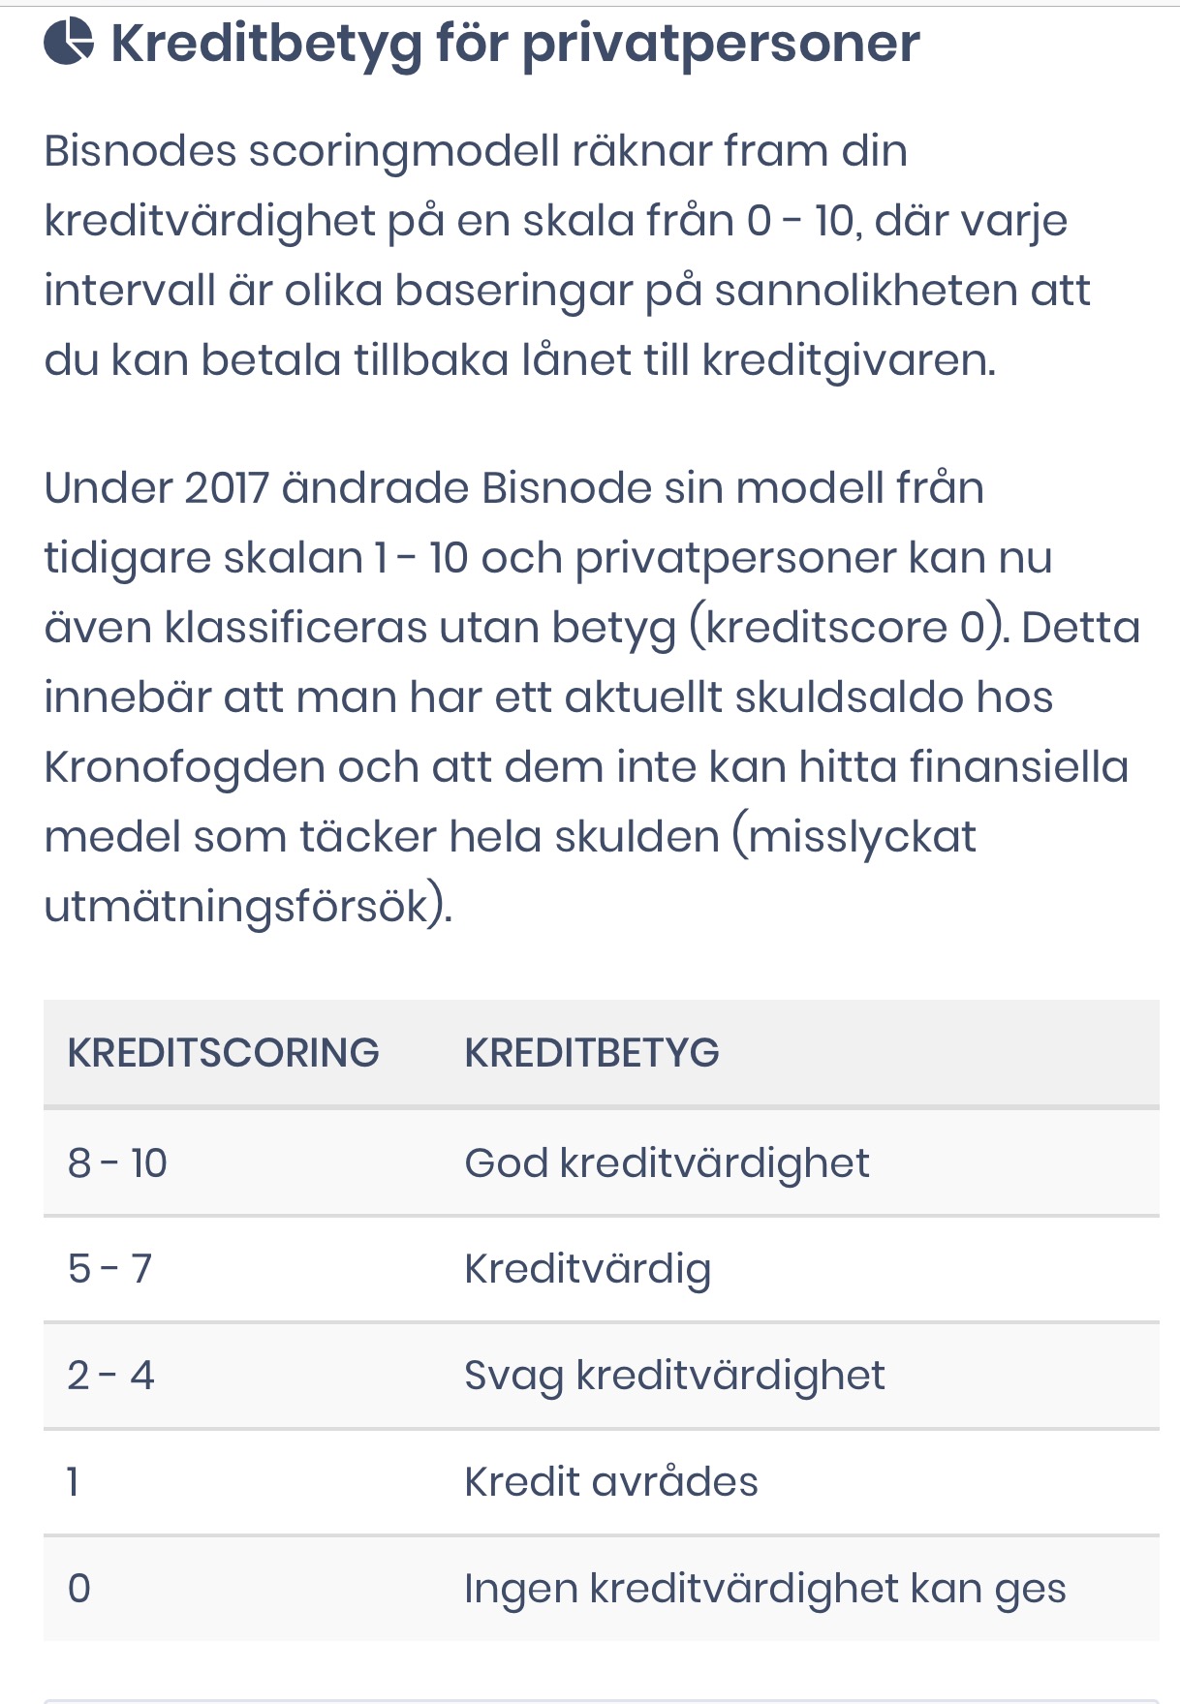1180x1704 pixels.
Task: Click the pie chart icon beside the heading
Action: click(69, 43)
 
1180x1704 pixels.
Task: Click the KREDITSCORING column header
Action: click(223, 1053)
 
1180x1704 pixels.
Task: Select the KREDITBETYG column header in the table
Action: click(592, 1053)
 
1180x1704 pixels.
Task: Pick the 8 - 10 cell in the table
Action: click(117, 1162)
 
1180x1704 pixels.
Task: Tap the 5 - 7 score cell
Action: click(109, 1268)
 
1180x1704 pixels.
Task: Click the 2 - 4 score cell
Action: click(110, 1375)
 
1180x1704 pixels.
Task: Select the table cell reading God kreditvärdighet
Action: click(667, 1162)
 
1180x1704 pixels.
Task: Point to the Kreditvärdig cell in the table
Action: click(587, 1269)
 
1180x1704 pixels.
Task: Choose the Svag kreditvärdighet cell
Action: click(674, 1376)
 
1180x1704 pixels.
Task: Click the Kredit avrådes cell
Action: click(610, 1481)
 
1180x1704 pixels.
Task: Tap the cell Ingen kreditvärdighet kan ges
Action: click(764, 1589)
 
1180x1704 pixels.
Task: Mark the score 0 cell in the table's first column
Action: click(79, 1589)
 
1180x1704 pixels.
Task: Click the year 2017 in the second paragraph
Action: click(226, 487)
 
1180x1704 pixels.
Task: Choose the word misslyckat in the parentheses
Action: click(861, 837)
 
